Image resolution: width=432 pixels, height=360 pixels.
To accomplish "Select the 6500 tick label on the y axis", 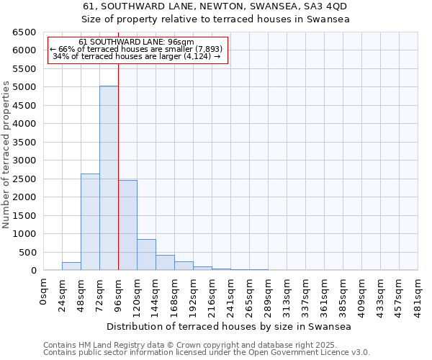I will [24, 32].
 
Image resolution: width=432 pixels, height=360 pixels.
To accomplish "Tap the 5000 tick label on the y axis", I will [24, 87].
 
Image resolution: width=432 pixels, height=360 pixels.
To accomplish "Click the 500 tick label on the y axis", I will [27, 252].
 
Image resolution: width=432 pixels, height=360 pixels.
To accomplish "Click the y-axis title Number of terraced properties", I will [7, 155].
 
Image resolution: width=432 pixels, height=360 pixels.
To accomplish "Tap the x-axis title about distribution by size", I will [230, 327].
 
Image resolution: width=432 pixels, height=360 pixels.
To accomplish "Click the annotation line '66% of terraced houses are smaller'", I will [137, 49].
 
